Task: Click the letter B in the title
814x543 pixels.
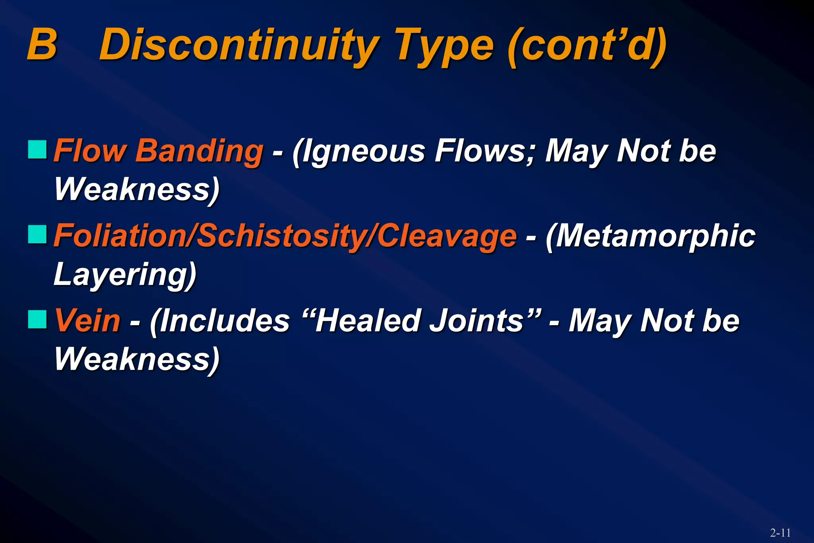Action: point(42,45)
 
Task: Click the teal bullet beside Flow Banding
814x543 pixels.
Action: point(37,149)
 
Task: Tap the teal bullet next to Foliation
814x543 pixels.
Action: point(37,235)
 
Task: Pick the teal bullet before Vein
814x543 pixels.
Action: point(37,320)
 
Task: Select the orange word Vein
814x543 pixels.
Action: point(87,320)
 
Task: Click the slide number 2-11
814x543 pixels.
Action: point(780,533)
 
